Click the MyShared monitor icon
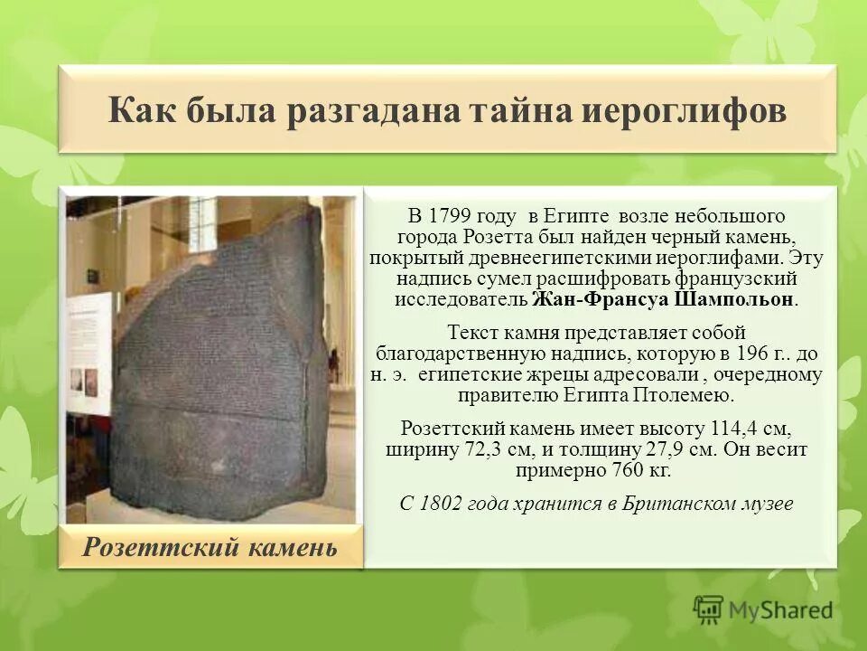[x=709, y=609]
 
